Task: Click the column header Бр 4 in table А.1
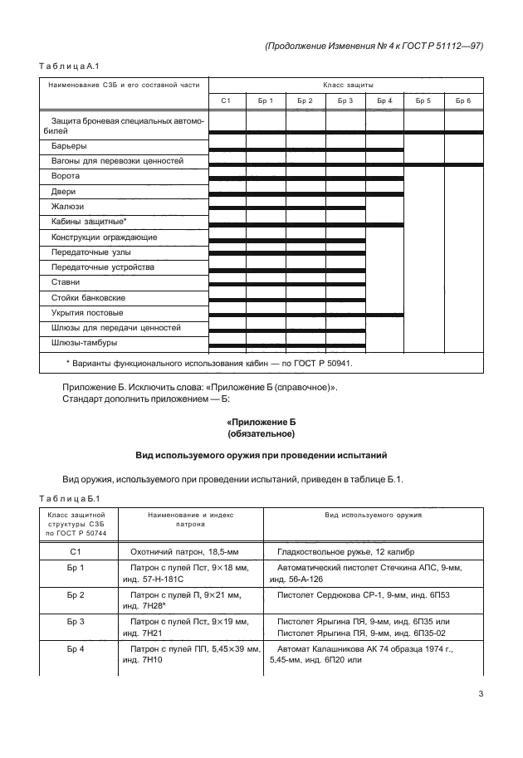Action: point(384,100)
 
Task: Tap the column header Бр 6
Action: point(463,100)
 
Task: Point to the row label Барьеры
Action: point(69,146)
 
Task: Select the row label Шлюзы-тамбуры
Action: point(84,343)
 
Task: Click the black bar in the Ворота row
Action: point(305,178)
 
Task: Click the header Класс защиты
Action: point(346,85)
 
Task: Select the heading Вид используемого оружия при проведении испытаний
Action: point(261,456)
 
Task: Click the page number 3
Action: point(481,695)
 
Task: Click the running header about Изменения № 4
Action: point(374,47)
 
